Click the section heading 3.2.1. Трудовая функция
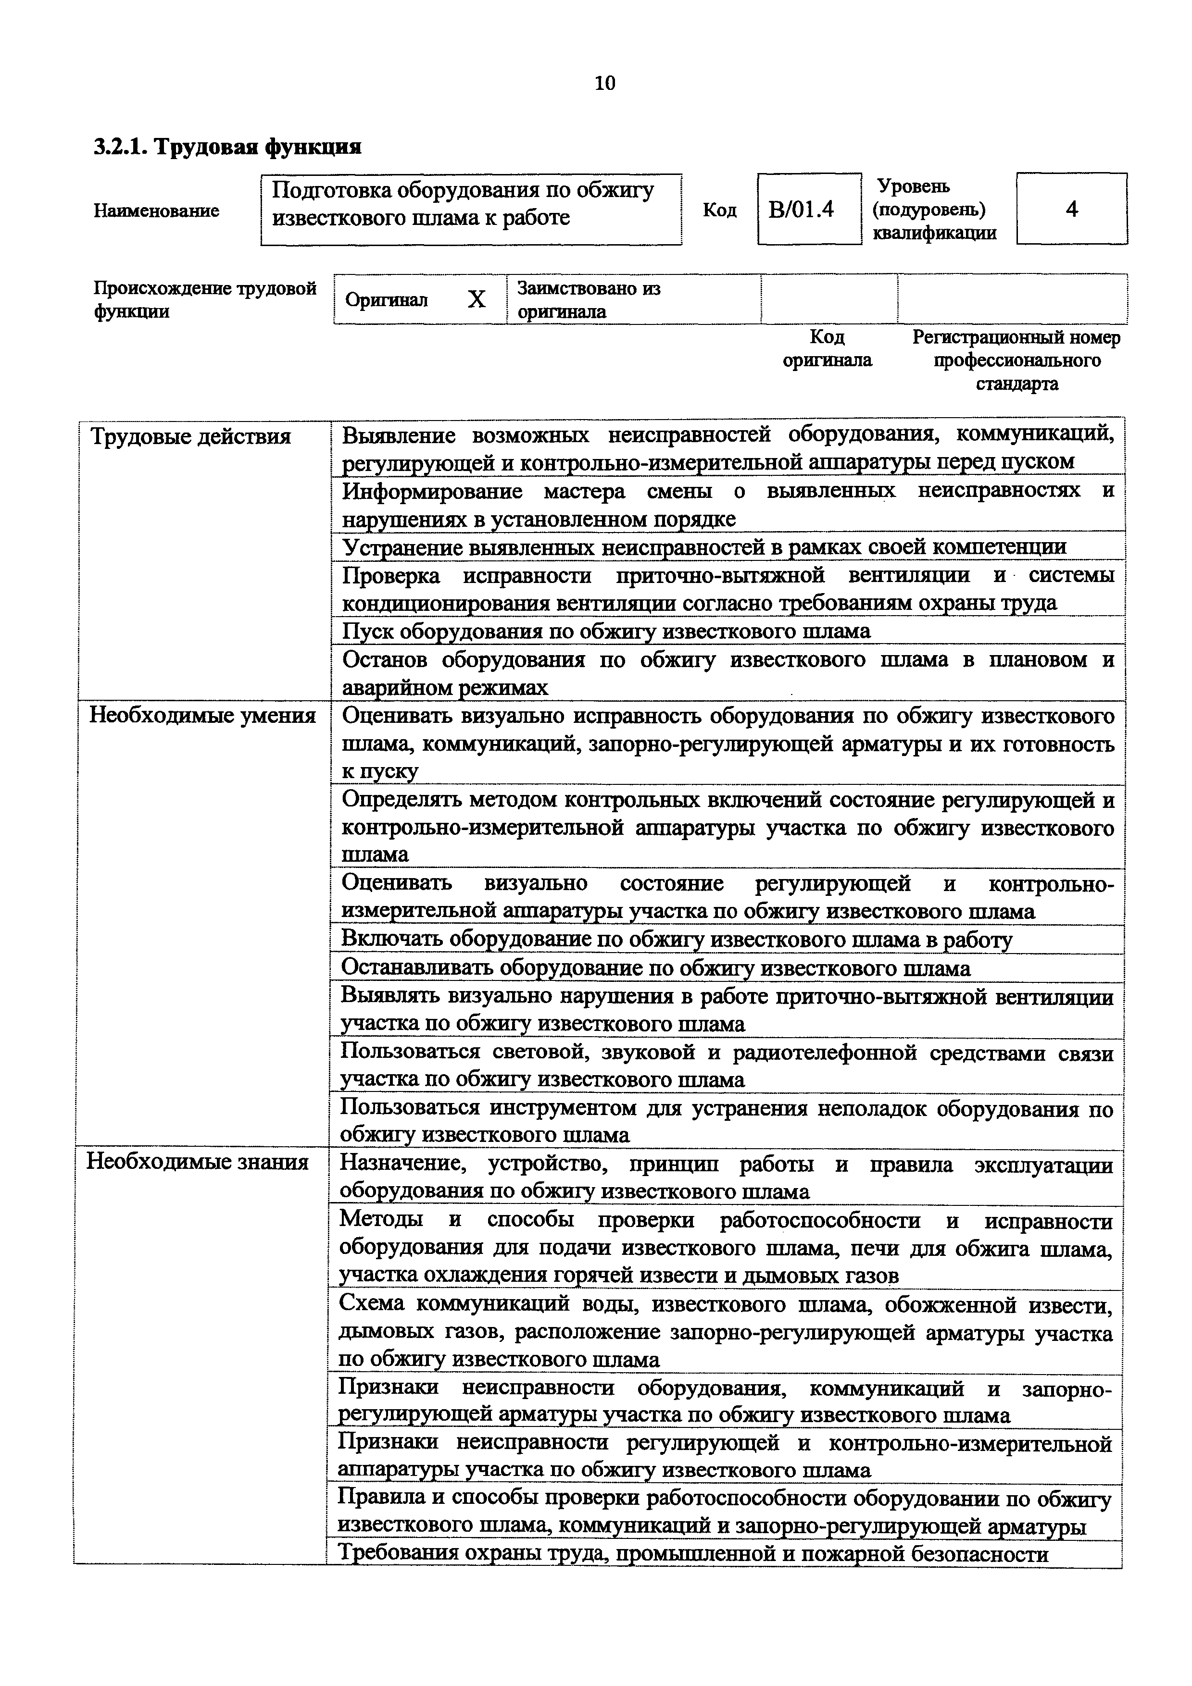pos(227,147)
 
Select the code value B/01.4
pos(801,210)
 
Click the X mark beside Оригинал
pos(477,299)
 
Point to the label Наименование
pos(156,211)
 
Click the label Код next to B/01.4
pos(719,210)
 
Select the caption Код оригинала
pos(827,349)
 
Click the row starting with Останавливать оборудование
pos(656,968)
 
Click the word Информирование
pos(433,491)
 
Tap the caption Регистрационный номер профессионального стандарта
pos(1016,360)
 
